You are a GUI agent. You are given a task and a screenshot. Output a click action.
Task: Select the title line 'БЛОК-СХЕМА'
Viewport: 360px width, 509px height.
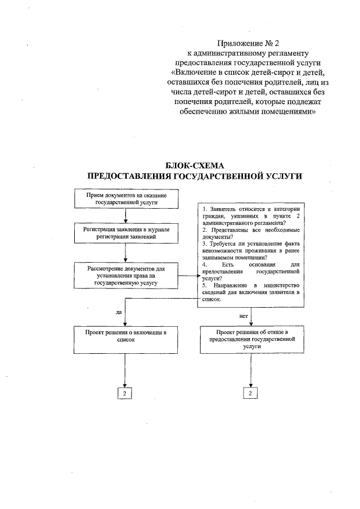195,166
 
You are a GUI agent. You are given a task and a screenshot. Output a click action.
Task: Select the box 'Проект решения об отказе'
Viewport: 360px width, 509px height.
251,340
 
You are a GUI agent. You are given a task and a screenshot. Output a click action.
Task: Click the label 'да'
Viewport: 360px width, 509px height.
119,312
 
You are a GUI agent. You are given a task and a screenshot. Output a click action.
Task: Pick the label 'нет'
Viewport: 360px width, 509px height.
244,316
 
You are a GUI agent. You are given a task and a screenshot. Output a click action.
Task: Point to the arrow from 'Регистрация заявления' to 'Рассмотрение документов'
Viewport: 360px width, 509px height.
125,253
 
